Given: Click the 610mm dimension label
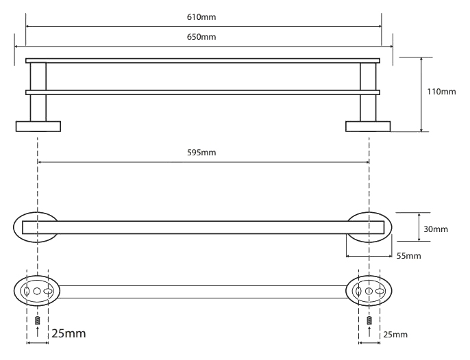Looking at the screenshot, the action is tap(201, 17).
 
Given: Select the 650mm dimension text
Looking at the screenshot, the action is tap(201, 37).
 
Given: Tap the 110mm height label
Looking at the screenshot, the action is tap(441, 91).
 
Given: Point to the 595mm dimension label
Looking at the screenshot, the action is tap(201, 153).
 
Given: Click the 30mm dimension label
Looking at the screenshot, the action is tap(436, 229).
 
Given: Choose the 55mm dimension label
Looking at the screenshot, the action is tap(408, 256).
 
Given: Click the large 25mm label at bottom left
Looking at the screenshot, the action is tap(69, 333).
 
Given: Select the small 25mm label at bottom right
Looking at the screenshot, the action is tap(395, 335).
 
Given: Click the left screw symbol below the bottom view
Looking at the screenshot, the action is tap(38, 320).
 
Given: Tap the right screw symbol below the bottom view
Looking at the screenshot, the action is tap(369, 320).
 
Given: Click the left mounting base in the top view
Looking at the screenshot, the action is tap(38, 127).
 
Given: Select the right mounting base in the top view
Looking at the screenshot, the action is tap(368, 127).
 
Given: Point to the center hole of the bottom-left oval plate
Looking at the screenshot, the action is tap(37, 291).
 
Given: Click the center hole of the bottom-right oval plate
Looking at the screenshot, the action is tap(369, 291).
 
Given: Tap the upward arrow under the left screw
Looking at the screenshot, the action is tap(38, 332).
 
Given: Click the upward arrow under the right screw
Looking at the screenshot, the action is tap(369, 332).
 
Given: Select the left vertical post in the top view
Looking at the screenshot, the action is tap(38, 92).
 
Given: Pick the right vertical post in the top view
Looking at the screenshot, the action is tap(368, 92).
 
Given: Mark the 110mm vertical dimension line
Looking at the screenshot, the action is tap(421, 94).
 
